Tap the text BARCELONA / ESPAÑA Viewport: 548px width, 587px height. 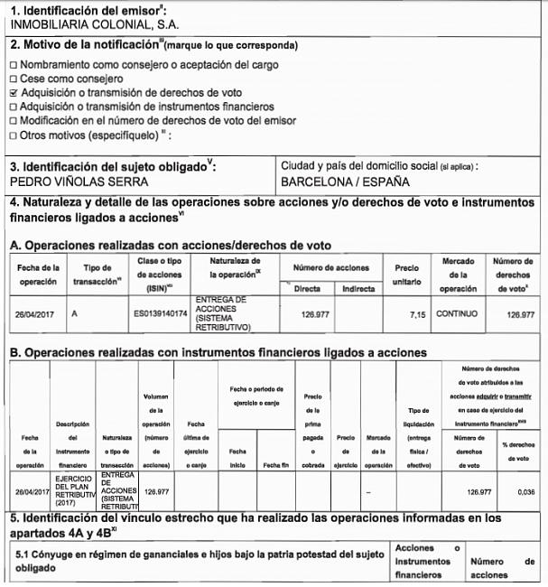click(x=346, y=181)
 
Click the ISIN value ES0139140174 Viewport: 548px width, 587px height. click(x=160, y=315)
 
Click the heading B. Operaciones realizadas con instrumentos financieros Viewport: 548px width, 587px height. click(x=218, y=352)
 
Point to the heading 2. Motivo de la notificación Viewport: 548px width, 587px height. click(x=153, y=45)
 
